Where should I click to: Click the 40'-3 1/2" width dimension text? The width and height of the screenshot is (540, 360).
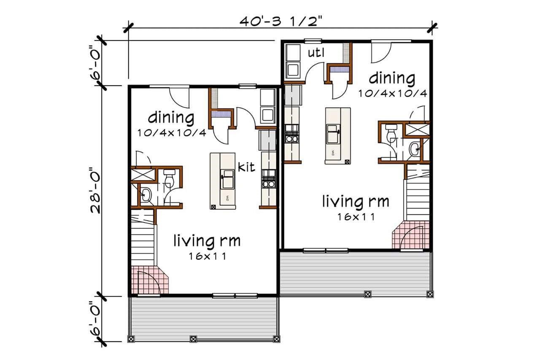pyautogui.click(x=281, y=21)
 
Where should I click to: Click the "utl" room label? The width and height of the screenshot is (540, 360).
pyautogui.click(x=316, y=53)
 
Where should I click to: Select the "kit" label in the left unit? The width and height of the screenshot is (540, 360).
pyautogui.click(x=246, y=167)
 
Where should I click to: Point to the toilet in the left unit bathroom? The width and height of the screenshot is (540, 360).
pyautogui.click(x=169, y=178)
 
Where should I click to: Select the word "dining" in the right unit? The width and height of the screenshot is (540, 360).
pyautogui.click(x=392, y=78)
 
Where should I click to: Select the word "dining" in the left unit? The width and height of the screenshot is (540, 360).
pyautogui.click(x=171, y=118)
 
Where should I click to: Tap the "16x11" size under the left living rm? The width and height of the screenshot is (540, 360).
pyautogui.click(x=207, y=256)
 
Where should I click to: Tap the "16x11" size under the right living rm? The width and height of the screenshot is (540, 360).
pyautogui.click(x=356, y=217)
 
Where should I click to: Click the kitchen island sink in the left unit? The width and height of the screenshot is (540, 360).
pyautogui.click(x=227, y=179)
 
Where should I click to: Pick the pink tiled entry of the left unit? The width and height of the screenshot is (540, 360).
pyautogui.click(x=150, y=280)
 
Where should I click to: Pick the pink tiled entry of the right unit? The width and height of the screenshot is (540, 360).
pyautogui.click(x=411, y=235)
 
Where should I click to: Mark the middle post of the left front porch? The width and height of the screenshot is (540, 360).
pyautogui.click(x=193, y=339)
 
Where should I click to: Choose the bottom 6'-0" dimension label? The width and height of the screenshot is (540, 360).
pyautogui.click(x=95, y=319)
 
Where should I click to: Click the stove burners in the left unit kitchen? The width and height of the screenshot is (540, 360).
pyautogui.click(x=269, y=179)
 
